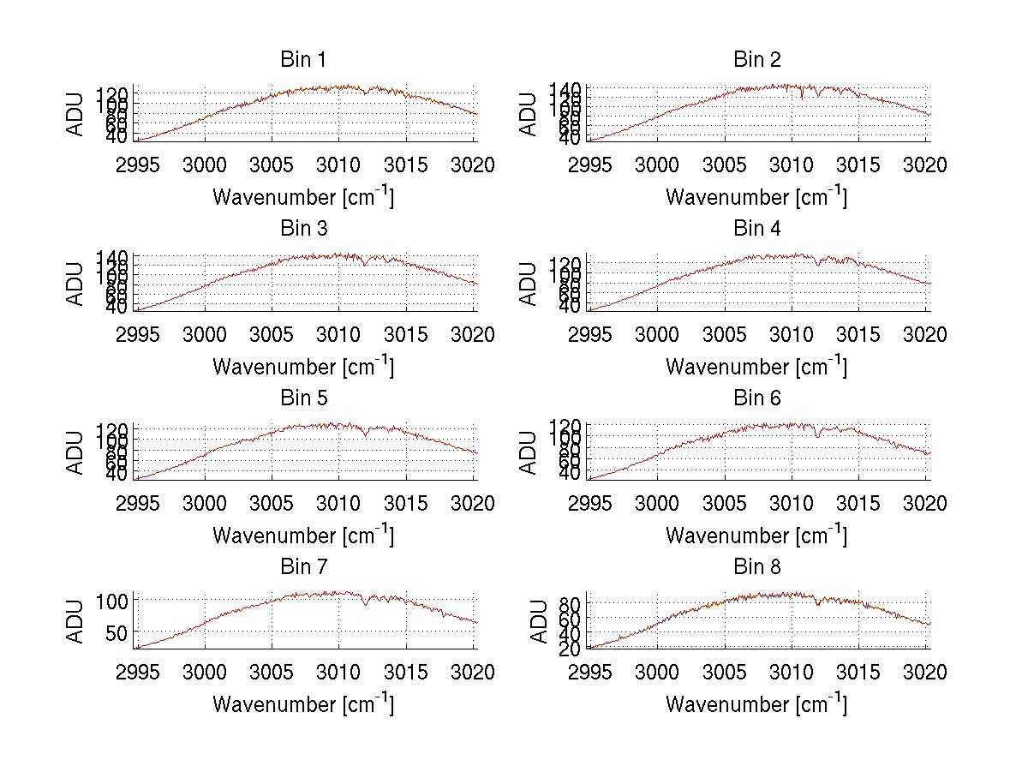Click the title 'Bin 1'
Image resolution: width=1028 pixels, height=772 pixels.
[x=302, y=60]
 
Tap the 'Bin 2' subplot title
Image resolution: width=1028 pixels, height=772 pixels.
[x=756, y=60]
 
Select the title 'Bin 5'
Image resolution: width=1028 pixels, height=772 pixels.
[x=302, y=398]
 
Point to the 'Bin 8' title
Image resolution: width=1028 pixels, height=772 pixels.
[x=756, y=567]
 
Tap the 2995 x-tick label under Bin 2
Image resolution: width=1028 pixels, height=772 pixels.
[x=590, y=165]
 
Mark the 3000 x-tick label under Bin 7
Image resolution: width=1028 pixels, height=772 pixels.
[x=204, y=673]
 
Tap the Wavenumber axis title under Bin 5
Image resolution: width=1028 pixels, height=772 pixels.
[x=302, y=536]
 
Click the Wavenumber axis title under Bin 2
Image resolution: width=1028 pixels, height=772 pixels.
[x=756, y=197]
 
